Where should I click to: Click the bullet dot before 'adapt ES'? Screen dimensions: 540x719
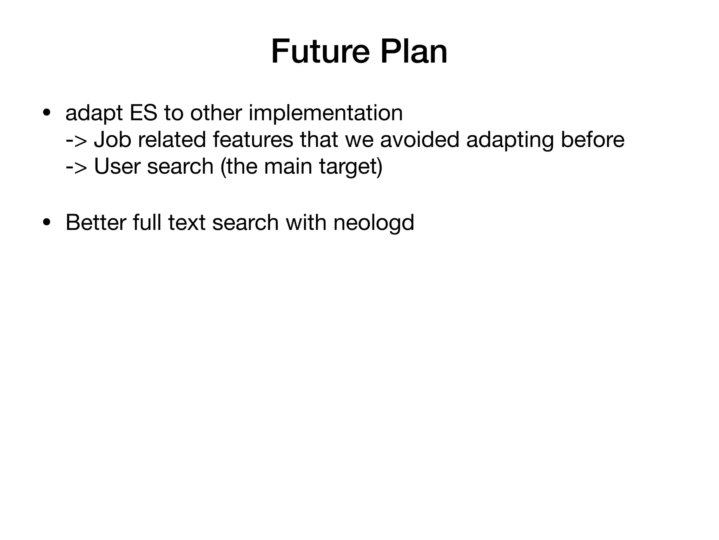[x=46, y=113]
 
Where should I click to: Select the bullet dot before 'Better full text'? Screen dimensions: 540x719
[x=46, y=223]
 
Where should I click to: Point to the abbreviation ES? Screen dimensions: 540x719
[x=143, y=113]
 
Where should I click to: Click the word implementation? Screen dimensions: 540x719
[x=325, y=113]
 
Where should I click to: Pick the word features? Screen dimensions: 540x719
[x=253, y=140]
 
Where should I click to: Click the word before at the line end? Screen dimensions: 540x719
[x=593, y=140]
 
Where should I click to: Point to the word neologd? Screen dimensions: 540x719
[x=374, y=223]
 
